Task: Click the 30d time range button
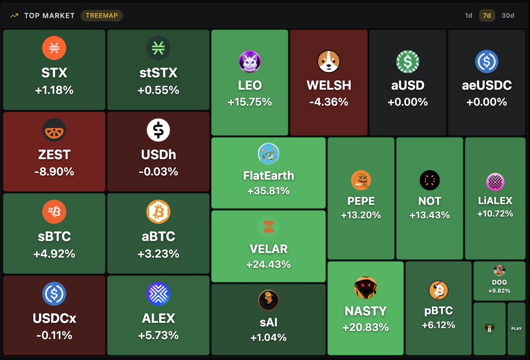tap(508, 15)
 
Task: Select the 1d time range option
tap(468, 15)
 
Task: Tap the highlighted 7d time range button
tap(487, 15)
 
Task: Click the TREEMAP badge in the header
tap(102, 15)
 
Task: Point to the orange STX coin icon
tap(54, 48)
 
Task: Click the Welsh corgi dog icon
tap(329, 61)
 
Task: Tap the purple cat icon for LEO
tap(250, 61)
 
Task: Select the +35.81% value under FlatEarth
tap(269, 191)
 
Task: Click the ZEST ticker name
tap(54, 155)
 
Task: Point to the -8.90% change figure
tap(54, 171)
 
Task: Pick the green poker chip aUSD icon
tap(408, 61)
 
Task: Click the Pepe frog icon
tap(361, 180)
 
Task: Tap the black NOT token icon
tap(430, 180)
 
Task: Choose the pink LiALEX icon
tap(495, 182)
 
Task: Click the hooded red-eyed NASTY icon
tap(366, 288)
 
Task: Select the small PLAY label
tap(516, 329)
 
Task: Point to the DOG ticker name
tap(500, 282)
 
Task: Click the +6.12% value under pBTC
tap(439, 325)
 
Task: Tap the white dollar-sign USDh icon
tap(158, 130)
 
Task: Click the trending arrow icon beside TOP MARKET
tap(14, 15)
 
